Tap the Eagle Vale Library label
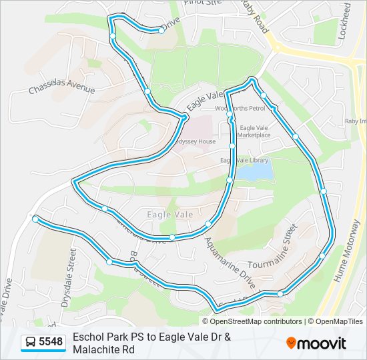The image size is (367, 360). (244, 160)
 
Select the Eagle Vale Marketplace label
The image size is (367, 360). (255, 131)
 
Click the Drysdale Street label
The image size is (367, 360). (69, 277)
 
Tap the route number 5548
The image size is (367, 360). (51, 342)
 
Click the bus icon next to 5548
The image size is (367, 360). (31, 342)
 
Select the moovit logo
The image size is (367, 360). (316, 343)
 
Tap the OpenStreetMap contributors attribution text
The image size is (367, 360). (247, 321)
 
